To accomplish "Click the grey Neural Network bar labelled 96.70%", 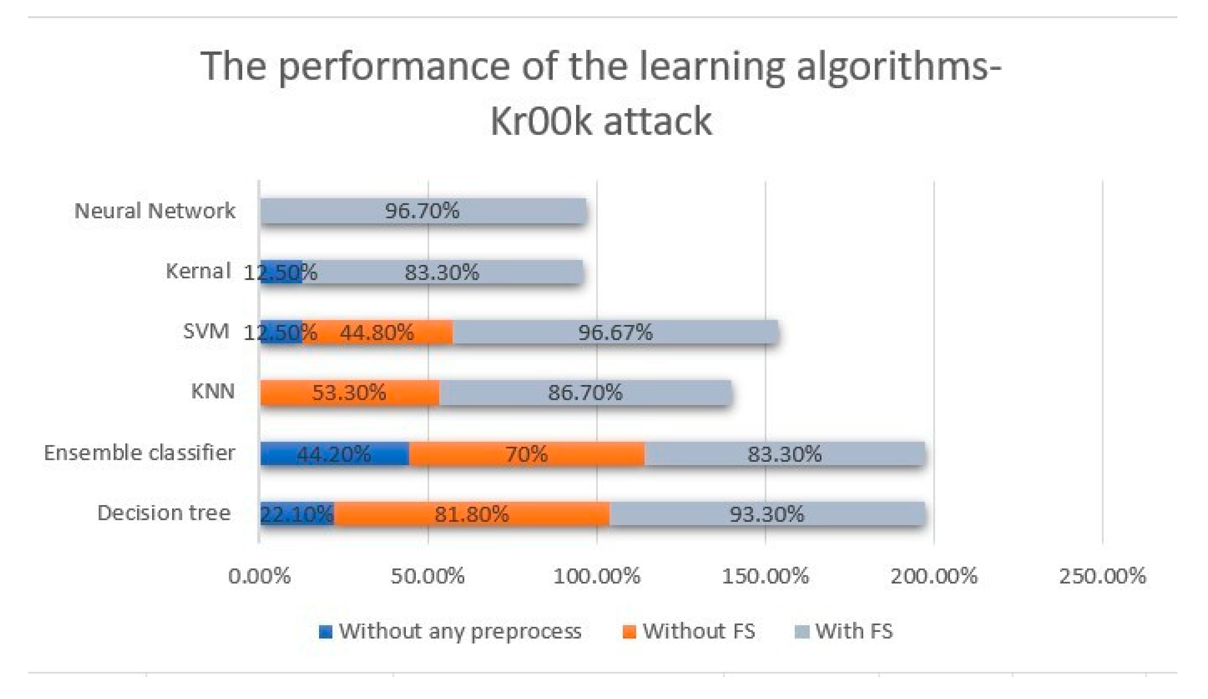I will pyautogui.click(x=423, y=211).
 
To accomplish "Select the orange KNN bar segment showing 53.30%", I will pyautogui.click(x=349, y=393).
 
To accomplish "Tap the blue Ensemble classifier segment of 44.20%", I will pyautogui.click(x=334, y=453).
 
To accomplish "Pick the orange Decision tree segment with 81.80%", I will pyautogui.click(x=472, y=514).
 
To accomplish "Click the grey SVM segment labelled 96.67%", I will pyautogui.click(x=616, y=333).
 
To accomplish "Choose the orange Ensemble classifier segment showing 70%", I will pyautogui.click(x=527, y=453).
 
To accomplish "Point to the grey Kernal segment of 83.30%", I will pyautogui.click(x=442, y=272).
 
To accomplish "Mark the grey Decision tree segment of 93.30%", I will pyautogui.click(x=766, y=514).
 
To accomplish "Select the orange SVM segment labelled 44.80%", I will pyautogui.click(x=377, y=333).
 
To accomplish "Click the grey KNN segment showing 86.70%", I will pyautogui.click(x=585, y=393).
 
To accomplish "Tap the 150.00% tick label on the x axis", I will pyautogui.click(x=765, y=576).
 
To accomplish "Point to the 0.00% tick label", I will pyautogui.click(x=259, y=576).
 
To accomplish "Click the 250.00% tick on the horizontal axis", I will pyautogui.click(x=1102, y=576).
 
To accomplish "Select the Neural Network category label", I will pyautogui.click(x=155, y=211).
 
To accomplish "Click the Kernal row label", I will pyautogui.click(x=198, y=271).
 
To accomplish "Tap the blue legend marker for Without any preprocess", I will pyautogui.click(x=326, y=632).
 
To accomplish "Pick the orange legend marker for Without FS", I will pyautogui.click(x=629, y=632).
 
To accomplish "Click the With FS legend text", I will pyautogui.click(x=854, y=631).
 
